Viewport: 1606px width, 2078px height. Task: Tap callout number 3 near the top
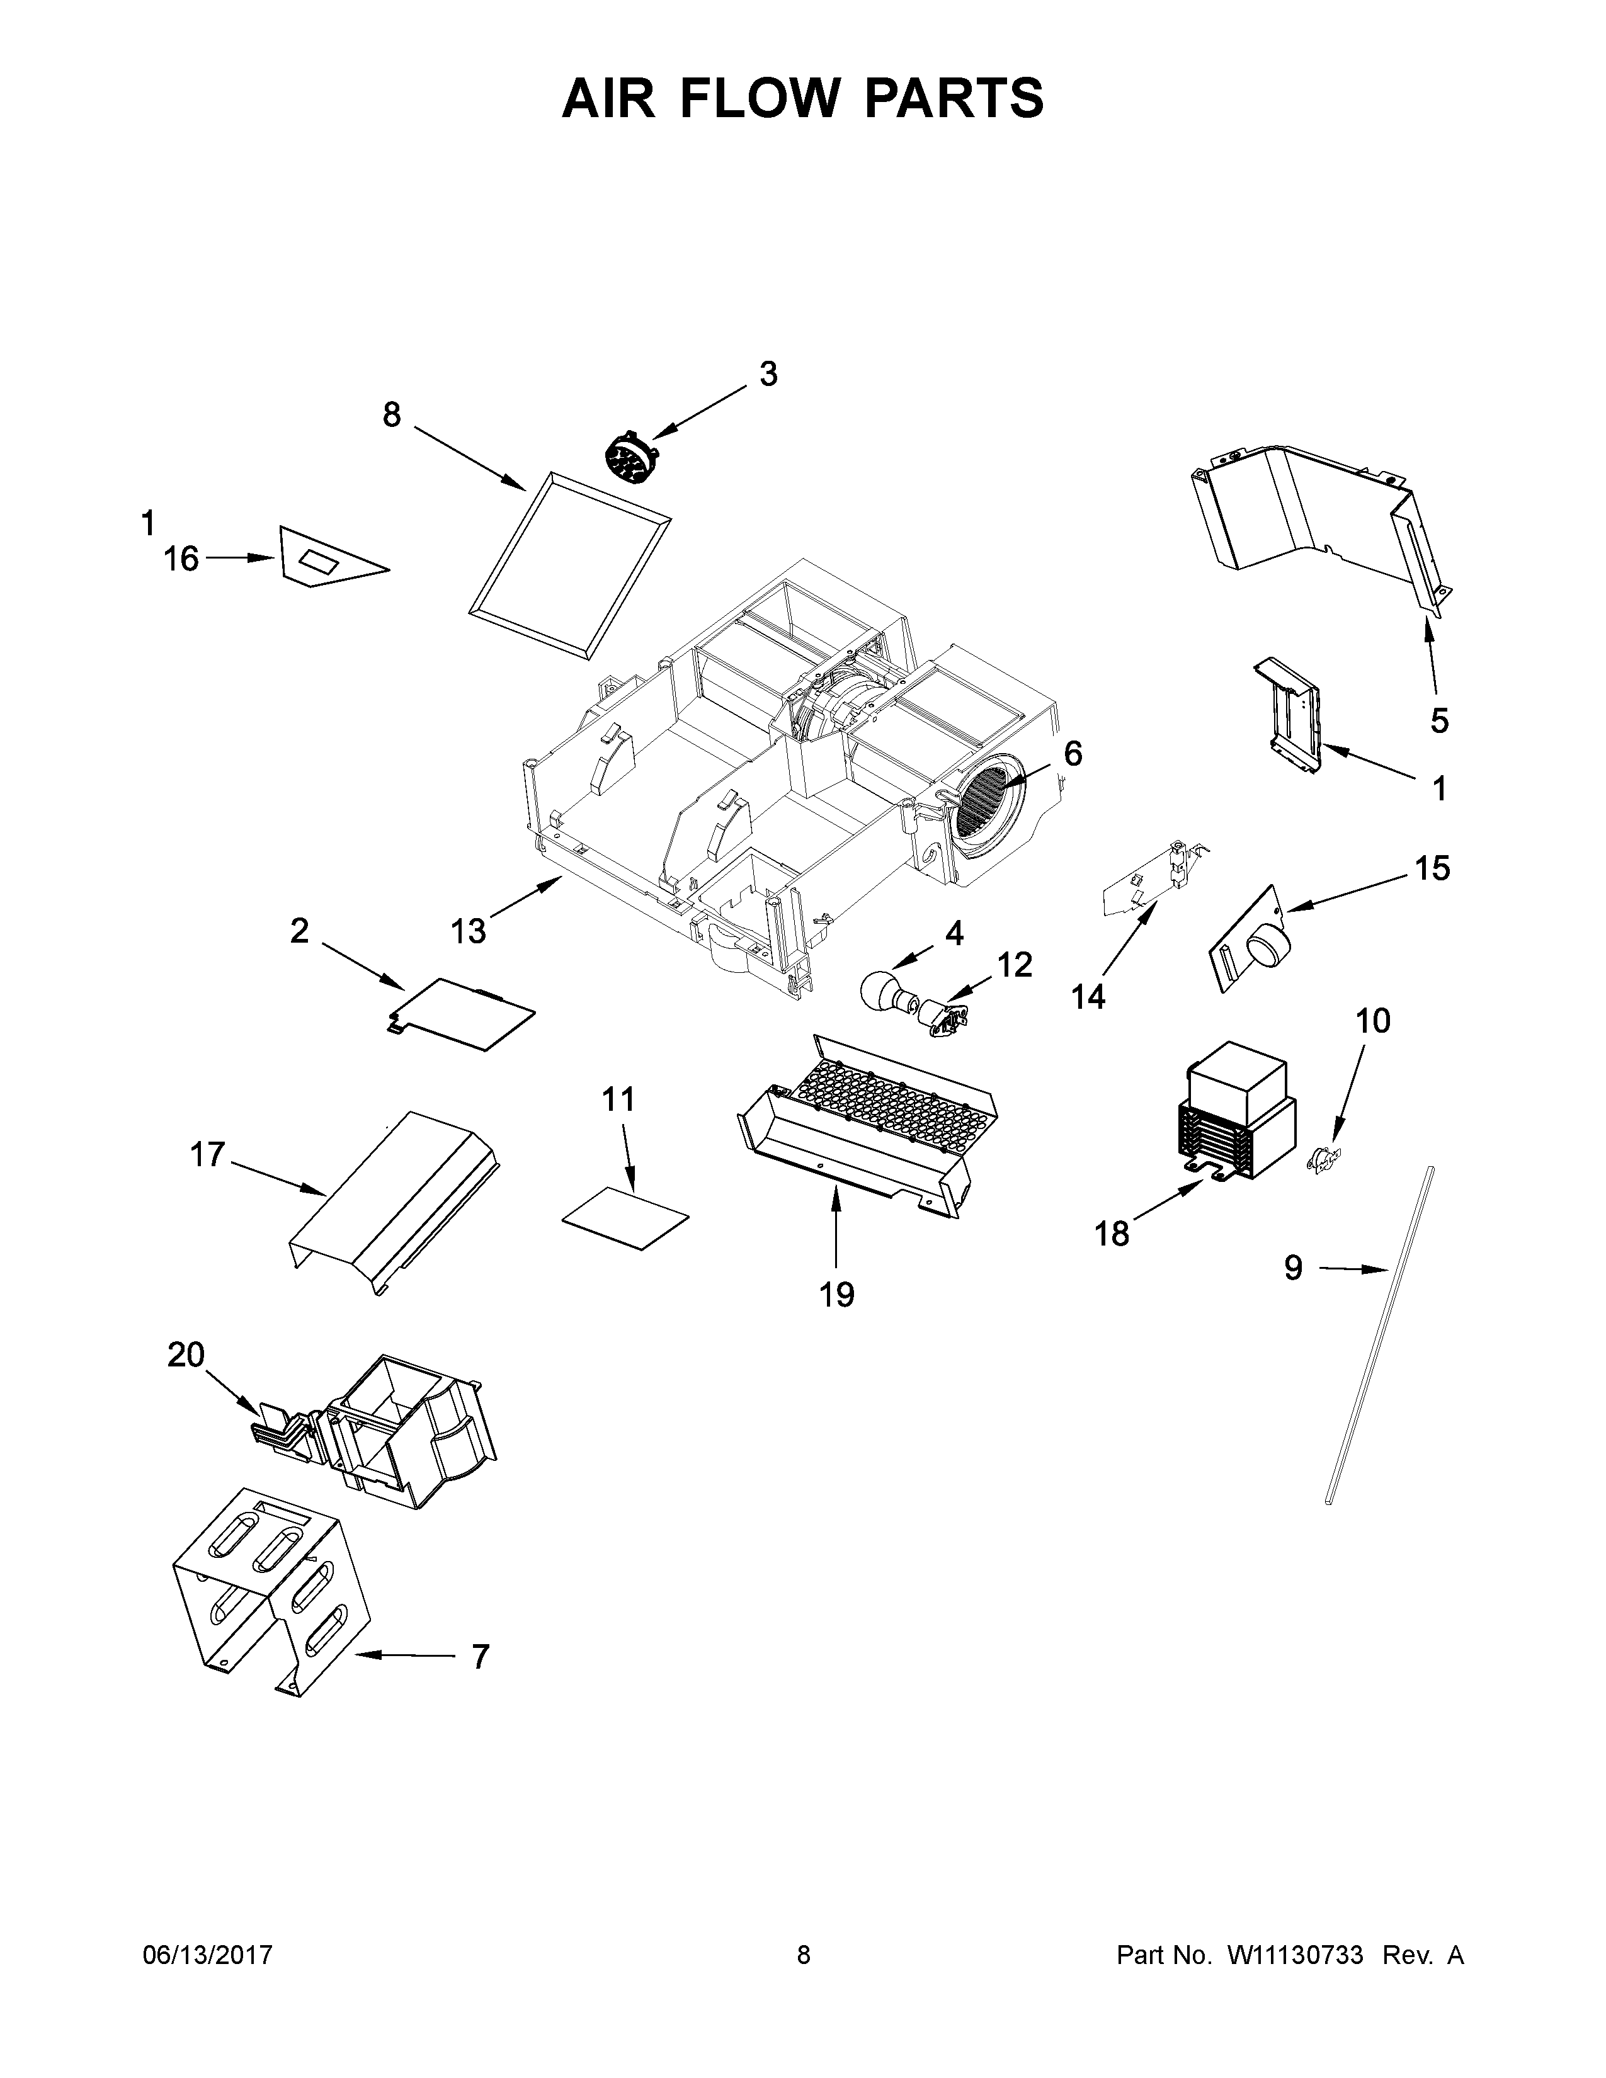[x=768, y=375]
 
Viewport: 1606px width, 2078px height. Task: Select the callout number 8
[x=392, y=416]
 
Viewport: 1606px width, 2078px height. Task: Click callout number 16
[x=181, y=559]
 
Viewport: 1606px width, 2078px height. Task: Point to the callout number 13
[x=468, y=931]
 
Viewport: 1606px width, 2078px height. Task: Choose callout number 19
[x=837, y=1294]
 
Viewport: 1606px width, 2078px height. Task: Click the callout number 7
[x=481, y=1657]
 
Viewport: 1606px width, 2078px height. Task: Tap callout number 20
[x=186, y=1354]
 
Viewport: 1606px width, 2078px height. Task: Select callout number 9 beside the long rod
[x=1293, y=1268]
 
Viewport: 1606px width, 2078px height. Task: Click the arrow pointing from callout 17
[x=276, y=1176]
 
